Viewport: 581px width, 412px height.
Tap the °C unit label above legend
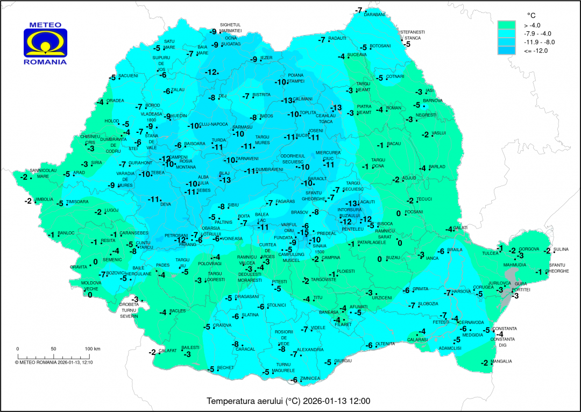point(529,15)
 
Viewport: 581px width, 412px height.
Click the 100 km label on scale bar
point(93,349)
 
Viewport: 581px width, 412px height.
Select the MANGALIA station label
point(501,361)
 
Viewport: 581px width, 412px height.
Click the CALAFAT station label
point(167,351)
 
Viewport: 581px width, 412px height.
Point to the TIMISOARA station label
point(77,202)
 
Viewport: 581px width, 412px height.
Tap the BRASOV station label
point(299,212)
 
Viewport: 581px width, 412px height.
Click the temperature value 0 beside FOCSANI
point(399,214)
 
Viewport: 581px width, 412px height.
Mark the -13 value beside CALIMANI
point(287,101)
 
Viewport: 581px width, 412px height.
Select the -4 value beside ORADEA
point(100,102)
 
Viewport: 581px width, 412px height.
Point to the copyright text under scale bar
point(54,362)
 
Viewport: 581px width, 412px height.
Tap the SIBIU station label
point(233,205)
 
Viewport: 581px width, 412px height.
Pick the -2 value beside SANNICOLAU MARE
point(24,176)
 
